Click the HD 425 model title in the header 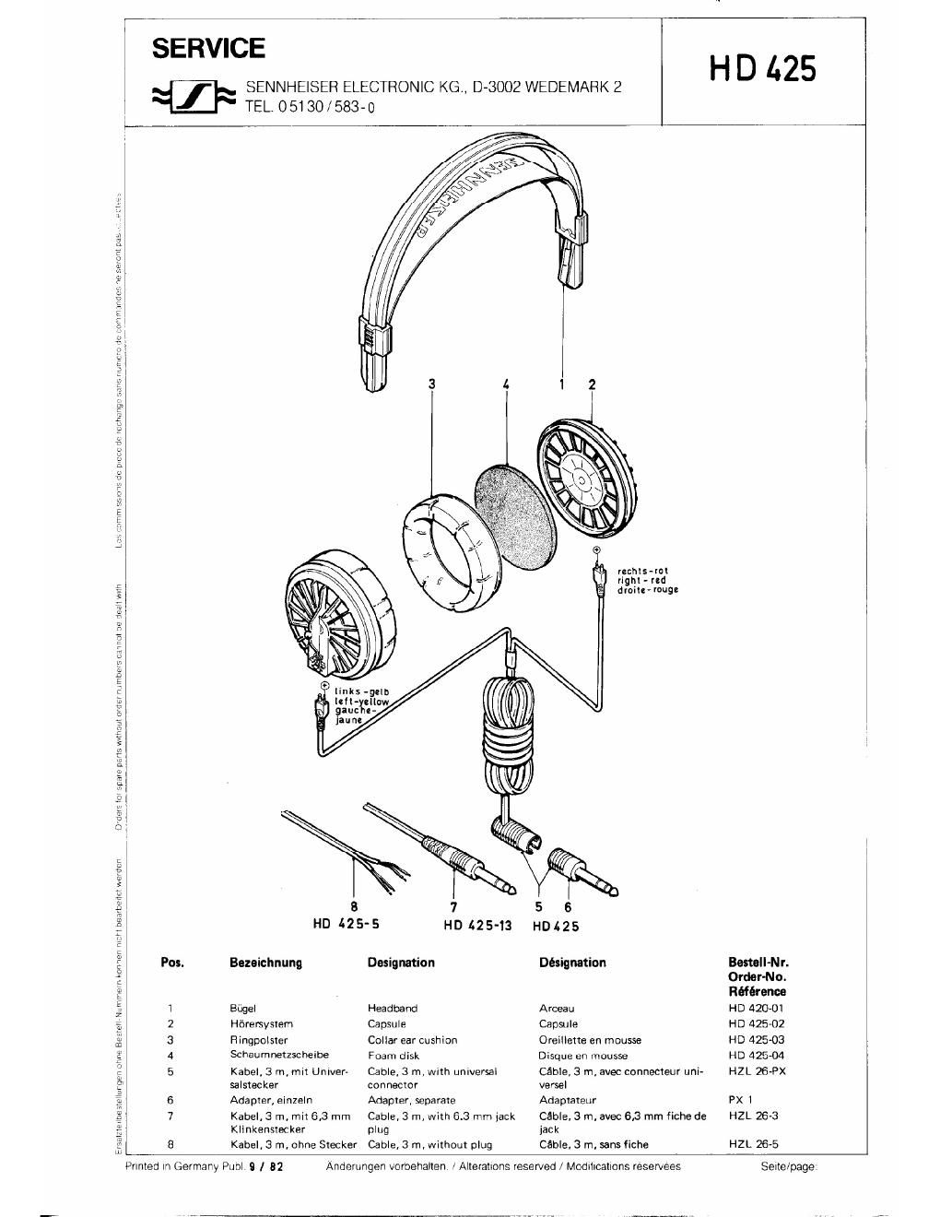[762, 69]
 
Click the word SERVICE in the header [208, 48]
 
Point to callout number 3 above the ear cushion [430, 384]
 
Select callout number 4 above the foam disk [506, 384]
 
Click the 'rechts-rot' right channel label [642, 571]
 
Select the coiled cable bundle [507, 738]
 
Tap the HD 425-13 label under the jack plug [476, 926]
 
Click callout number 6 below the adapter [568, 907]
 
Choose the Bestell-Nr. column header [757, 963]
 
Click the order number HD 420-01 [756, 1008]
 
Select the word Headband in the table [392, 1009]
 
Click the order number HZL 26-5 [753, 1144]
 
